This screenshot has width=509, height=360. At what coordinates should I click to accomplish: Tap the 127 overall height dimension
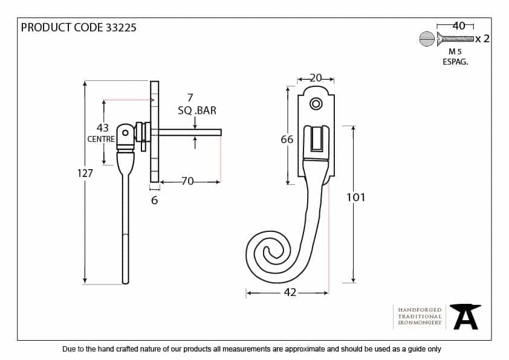(x=85, y=173)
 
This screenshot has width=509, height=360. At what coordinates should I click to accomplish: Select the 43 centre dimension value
(x=103, y=128)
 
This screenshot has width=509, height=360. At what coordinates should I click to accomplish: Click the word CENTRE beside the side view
(x=101, y=139)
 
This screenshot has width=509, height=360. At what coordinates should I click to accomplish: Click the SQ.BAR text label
(x=197, y=111)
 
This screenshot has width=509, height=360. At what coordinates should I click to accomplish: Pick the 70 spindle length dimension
(x=187, y=181)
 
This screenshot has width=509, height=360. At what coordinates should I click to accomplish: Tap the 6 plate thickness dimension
(x=154, y=201)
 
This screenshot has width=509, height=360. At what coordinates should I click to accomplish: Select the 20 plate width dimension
(x=316, y=78)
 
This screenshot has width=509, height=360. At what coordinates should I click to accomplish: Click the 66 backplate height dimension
(x=287, y=140)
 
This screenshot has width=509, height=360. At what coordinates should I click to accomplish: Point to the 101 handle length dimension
(x=355, y=197)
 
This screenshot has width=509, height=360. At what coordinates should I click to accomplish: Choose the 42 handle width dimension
(x=290, y=293)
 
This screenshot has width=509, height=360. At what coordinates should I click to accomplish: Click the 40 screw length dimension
(x=459, y=25)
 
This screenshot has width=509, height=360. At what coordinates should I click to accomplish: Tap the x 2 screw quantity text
(x=482, y=39)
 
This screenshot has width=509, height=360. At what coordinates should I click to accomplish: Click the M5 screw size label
(x=455, y=52)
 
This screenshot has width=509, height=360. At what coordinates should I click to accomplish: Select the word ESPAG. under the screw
(x=455, y=62)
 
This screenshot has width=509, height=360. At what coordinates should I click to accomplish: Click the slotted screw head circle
(x=426, y=39)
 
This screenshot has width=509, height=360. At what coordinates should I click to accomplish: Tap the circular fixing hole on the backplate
(x=316, y=104)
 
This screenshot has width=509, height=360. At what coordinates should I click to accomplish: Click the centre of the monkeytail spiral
(x=268, y=252)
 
